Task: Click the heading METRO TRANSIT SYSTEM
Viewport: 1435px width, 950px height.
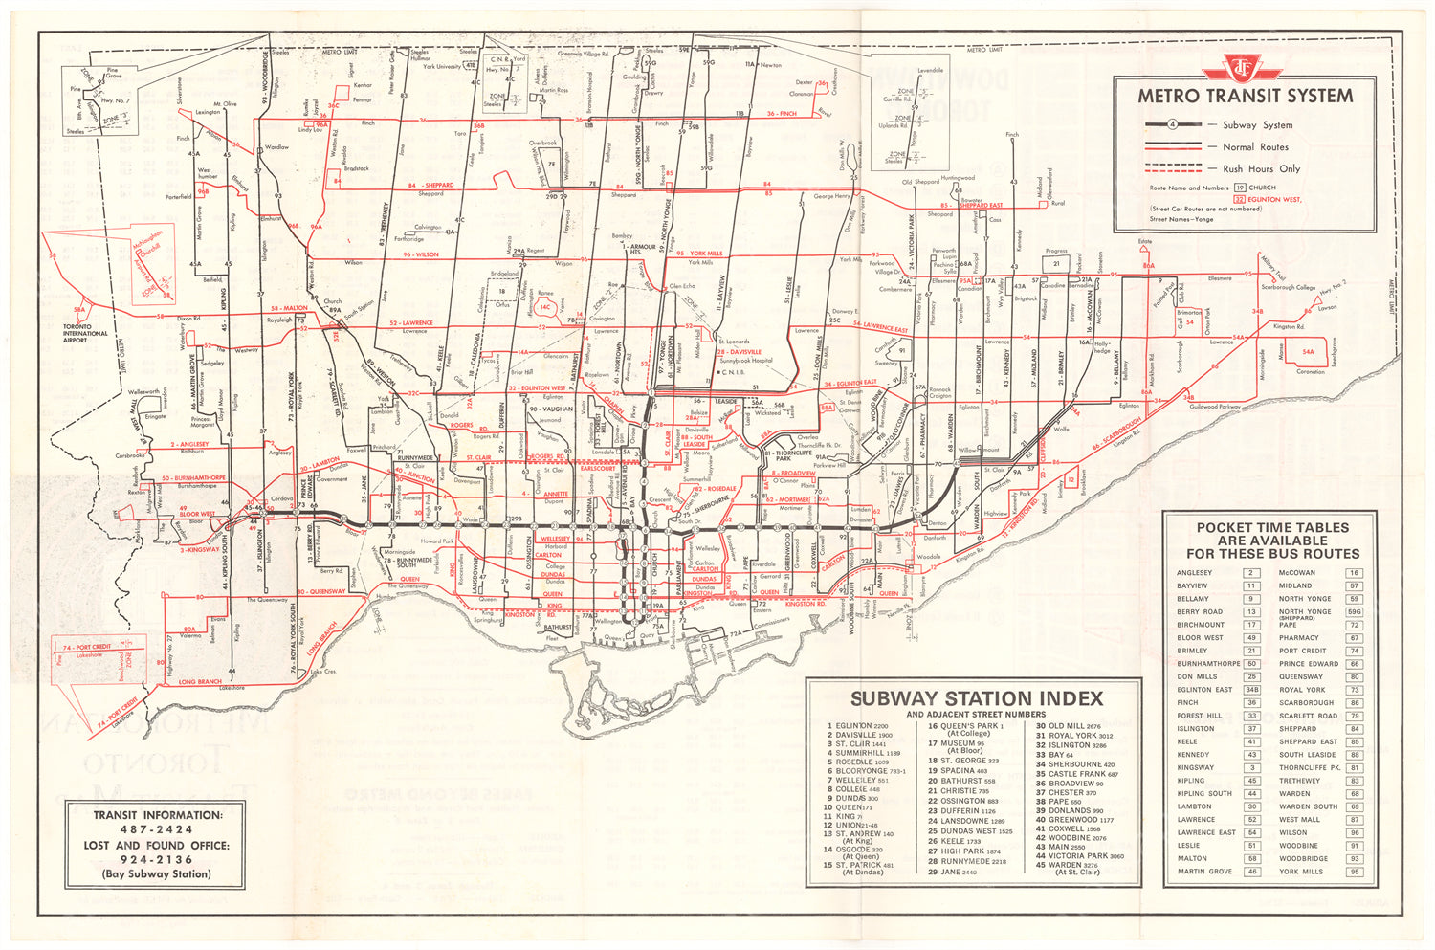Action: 1245,96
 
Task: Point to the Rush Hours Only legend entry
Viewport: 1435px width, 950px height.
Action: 1261,168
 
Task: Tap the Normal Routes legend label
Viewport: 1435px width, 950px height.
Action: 1255,147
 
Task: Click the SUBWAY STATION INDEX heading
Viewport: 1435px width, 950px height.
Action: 977,698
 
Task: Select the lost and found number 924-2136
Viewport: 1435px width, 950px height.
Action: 157,859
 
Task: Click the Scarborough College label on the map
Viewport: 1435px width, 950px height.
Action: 1287,287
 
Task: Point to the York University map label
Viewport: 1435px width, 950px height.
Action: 442,67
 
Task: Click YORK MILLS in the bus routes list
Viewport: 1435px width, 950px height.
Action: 1300,872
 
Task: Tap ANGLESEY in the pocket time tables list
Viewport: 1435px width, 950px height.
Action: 1194,573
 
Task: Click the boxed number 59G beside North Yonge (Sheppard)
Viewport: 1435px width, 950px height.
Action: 1354,611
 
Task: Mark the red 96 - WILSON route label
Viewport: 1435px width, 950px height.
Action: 421,255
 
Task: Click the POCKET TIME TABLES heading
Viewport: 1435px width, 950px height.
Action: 1272,541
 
